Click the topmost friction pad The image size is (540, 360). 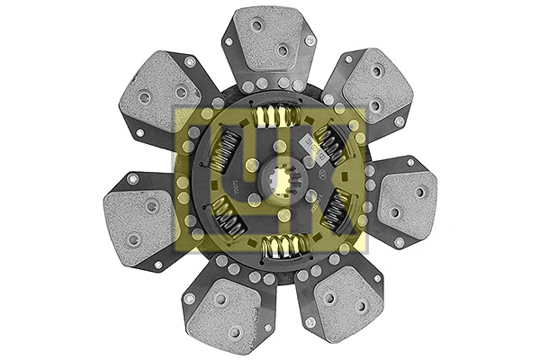[x=270, y=40]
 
